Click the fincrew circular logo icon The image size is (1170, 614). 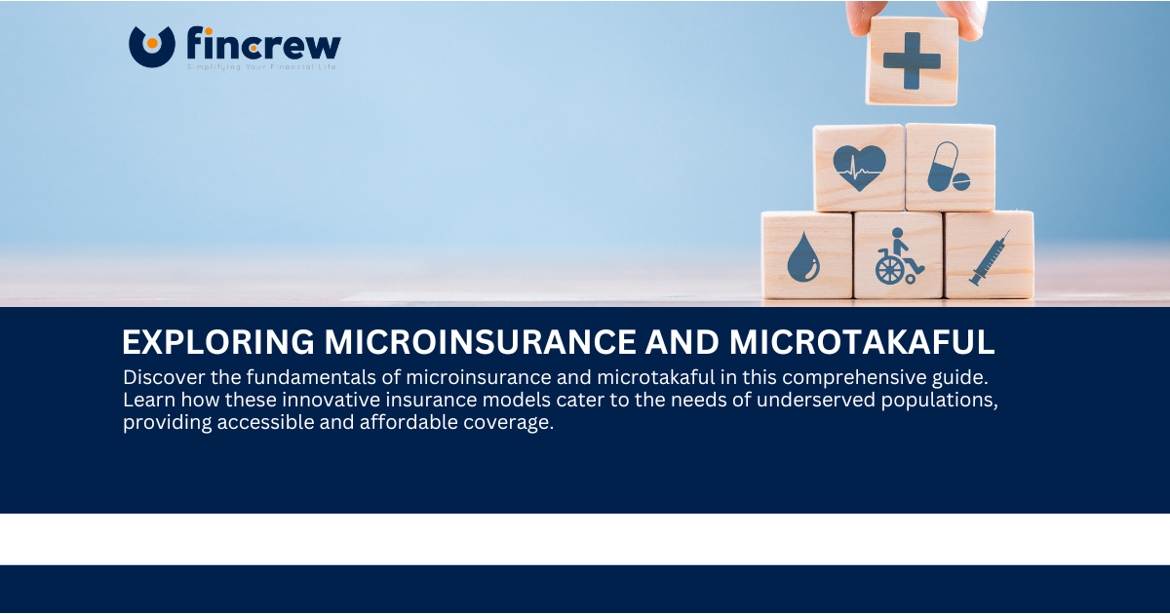pyautogui.click(x=151, y=45)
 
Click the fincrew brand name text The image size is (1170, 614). pyautogui.click(x=263, y=43)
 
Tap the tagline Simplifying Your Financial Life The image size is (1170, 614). pyautogui.click(x=261, y=67)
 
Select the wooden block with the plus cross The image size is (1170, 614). pyautogui.click(x=912, y=60)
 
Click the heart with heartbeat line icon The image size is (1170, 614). pyautogui.click(x=859, y=167)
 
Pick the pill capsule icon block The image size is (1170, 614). pyautogui.click(x=950, y=167)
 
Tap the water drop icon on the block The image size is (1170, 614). pyautogui.click(x=805, y=255)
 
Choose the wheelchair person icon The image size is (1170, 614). pyautogui.click(x=897, y=255)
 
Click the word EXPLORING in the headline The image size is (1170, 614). pyautogui.click(x=217, y=342)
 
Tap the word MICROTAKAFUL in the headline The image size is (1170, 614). pyautogui.click(x=861, y=342)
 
